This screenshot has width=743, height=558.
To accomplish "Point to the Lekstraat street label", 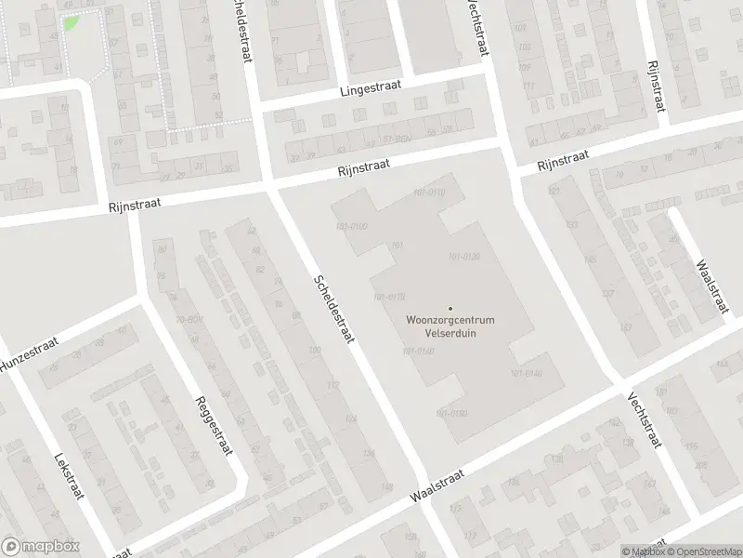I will [70, 476].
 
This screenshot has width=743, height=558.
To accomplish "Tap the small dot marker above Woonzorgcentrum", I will [451, 309].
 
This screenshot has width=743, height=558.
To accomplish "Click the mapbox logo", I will [41, 547].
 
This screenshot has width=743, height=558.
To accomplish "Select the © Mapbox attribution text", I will [643, 551].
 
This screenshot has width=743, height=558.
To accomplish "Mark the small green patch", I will [71, 21].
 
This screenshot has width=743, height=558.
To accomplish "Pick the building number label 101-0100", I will [350, 226].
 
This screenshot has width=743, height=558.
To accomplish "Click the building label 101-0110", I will [429, 192].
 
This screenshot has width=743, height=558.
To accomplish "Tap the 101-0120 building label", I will [463, 257].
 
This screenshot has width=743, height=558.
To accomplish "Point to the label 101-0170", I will [388, 297].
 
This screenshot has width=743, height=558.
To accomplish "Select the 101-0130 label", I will [418, 351].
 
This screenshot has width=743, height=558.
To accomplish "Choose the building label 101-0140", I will [525, 373].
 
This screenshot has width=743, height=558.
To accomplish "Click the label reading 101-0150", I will [450, 412].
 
